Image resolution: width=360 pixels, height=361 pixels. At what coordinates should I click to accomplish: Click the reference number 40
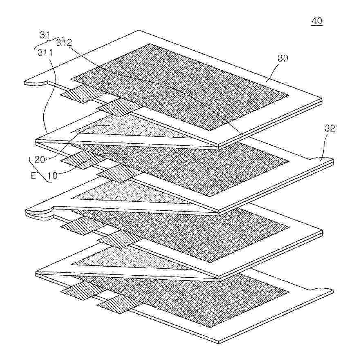[316, 21]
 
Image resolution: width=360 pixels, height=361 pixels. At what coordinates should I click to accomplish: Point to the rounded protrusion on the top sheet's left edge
[39, 80]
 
